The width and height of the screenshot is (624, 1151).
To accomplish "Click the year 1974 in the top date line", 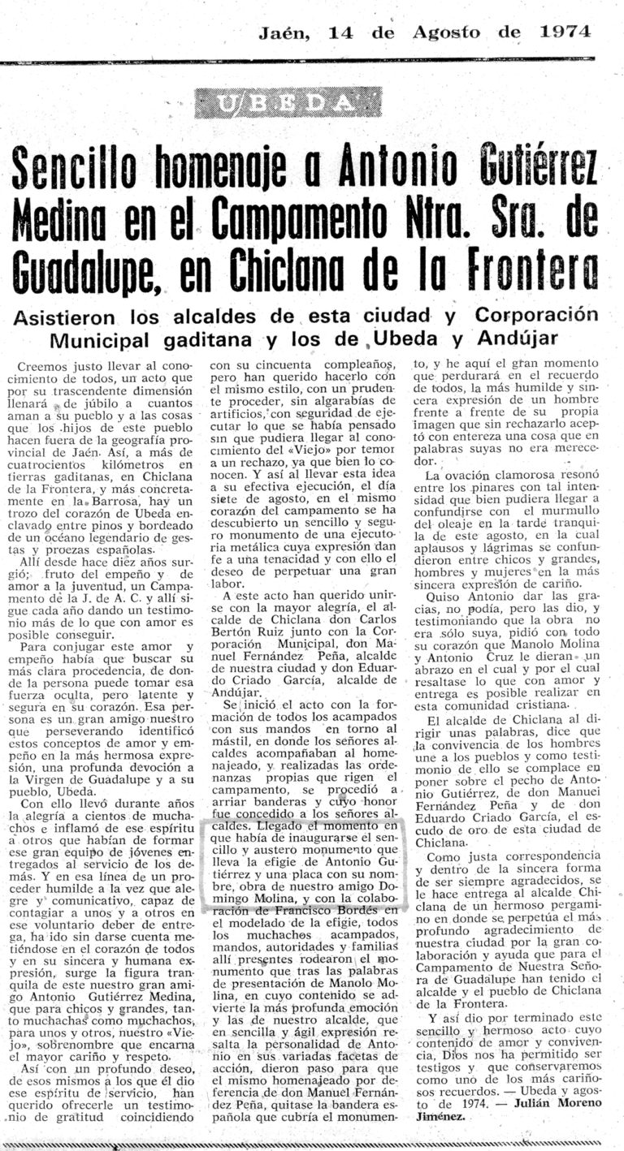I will (565, 32).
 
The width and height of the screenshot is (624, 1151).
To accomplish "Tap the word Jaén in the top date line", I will (285, 33).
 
